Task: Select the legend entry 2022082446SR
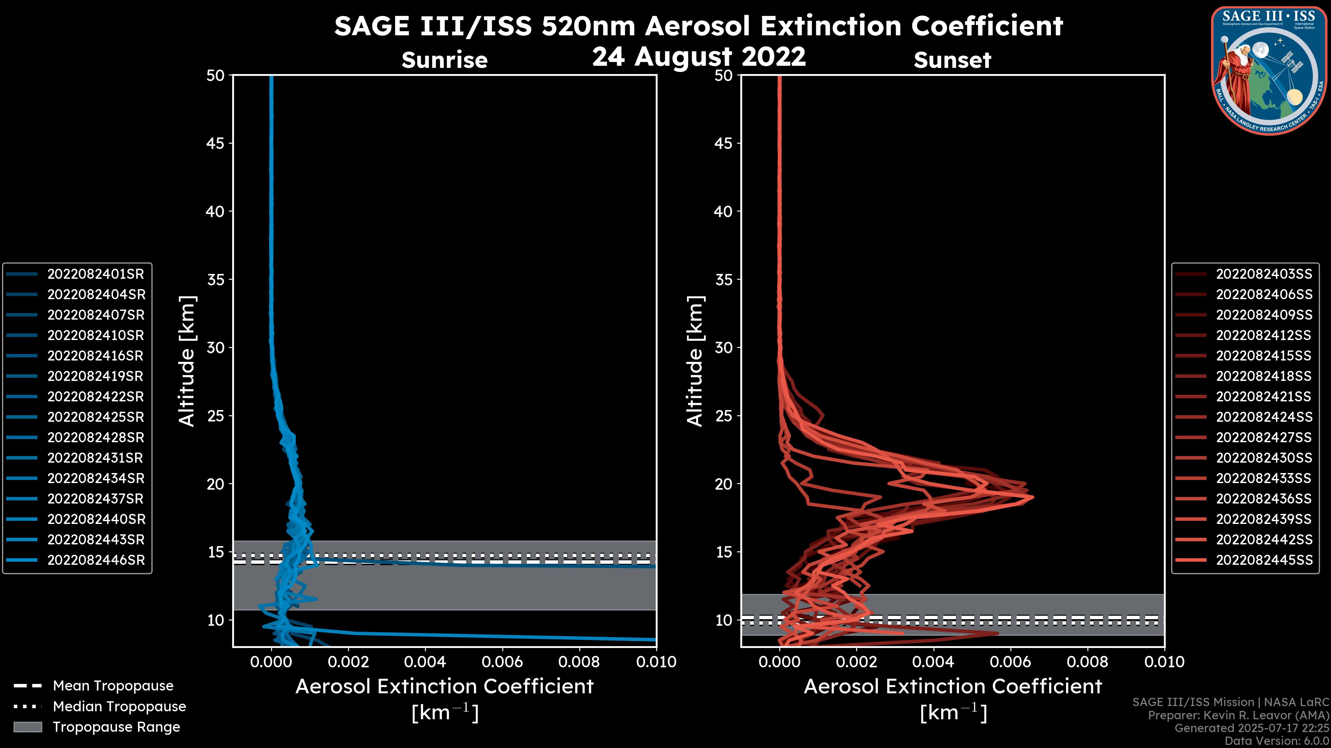tap(96, 560)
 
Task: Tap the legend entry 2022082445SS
tap(1264, 560)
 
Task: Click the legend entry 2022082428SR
tap(96, 437)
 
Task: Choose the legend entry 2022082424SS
tap(1264, 417)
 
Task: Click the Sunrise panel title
tap(444, 60)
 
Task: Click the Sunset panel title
tap(952, 60)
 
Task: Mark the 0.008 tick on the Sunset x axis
tap(1088, 662)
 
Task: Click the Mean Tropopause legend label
tap(113, 686)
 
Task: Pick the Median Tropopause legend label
tap(119, 706)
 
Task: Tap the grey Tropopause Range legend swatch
tap(27, 727)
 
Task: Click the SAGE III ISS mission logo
tap(1269, 71)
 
